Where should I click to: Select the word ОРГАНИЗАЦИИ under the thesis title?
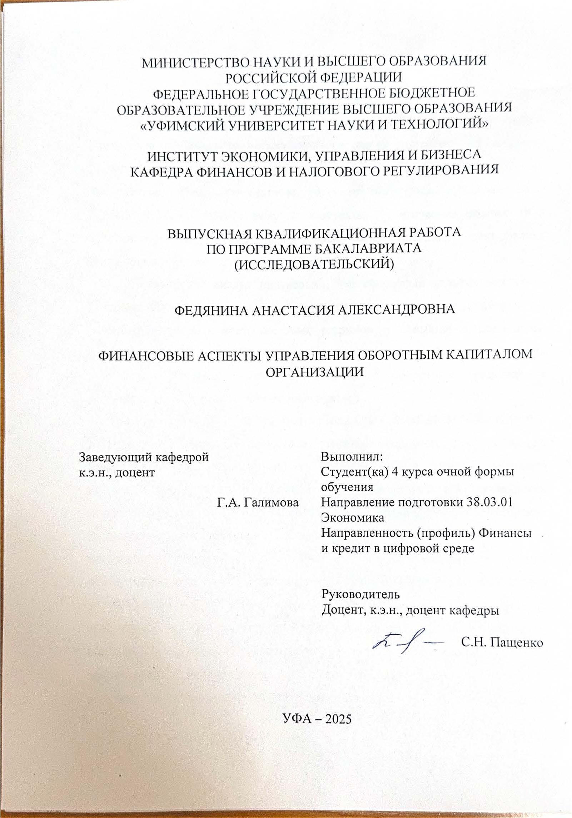(x=315, y=372)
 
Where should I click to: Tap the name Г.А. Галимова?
(x=257, y=502)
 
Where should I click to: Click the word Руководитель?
(x=360, y=594)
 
